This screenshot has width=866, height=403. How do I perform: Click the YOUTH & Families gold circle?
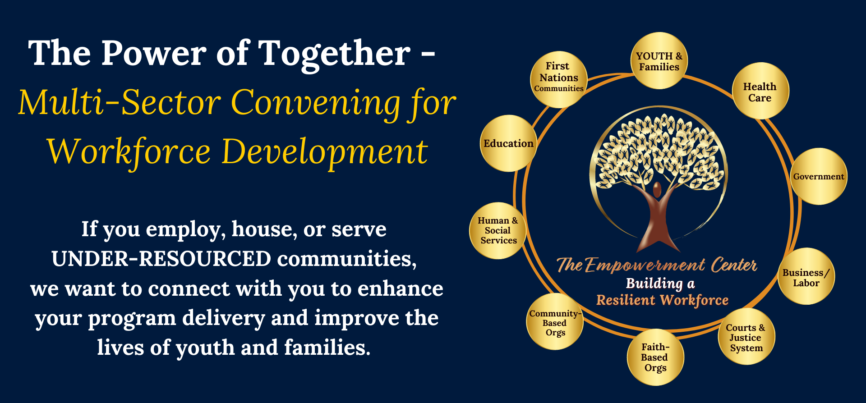pyautogui.click(x=659, y=61)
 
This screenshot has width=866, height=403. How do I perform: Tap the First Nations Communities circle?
pyautogui.click(x=559, y=79)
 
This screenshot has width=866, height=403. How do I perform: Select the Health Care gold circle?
pyautogui.click(x=760, y=91)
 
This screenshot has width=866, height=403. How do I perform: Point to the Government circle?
pyautogui.click(x=819, y=176)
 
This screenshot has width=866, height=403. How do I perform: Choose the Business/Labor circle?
pyautogui.click(x=806, y=276)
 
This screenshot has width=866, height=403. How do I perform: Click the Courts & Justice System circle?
pyautogui.click(x=746, y=336)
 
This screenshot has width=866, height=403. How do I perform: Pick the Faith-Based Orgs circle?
pyautogui.click(x=655, y=357)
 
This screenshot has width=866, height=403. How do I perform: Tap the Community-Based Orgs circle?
pyautogui.click(x=555, y=321)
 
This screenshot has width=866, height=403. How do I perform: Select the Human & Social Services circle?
pyautogui.click(x=498, y=230)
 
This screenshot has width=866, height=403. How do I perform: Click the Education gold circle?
pyautogui.click(x=508, y=143)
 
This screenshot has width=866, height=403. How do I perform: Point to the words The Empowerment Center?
pyautogui.click(x=657, y=265)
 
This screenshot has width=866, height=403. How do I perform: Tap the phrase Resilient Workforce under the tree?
pyautogui.click(x=662, y=300)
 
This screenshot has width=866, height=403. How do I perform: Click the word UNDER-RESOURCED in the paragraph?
pyautogui.click(x=161, y=259)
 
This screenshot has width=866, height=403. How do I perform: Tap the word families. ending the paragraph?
pyautogui.click(x=327, y=348)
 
